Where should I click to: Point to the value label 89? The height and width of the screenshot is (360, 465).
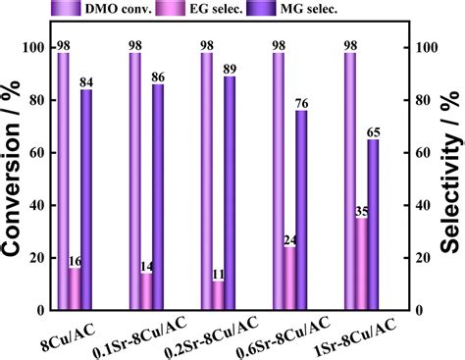click(230, 69)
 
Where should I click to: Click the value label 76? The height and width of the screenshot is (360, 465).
click(302, 103)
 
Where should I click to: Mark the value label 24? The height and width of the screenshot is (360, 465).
click(289, 239)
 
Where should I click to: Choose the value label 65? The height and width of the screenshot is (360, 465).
click(374, 131)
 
